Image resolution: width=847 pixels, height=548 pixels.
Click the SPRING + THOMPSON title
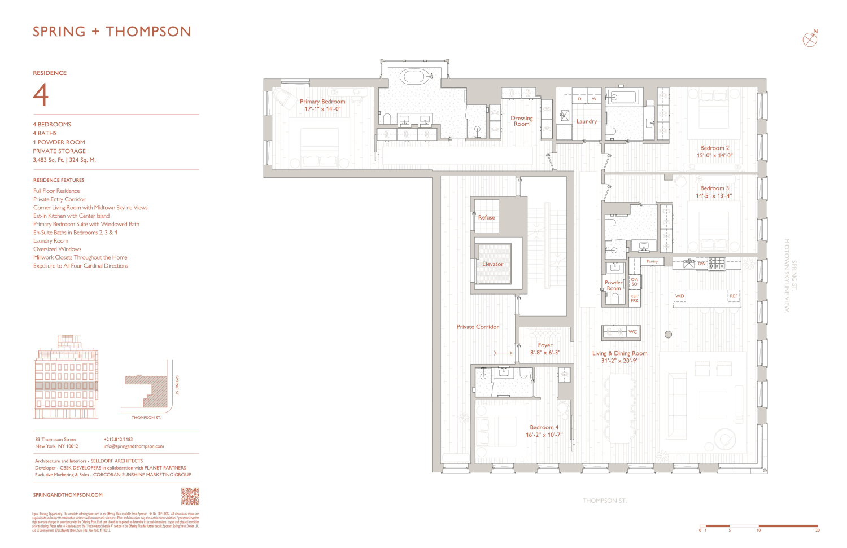click(112, 32)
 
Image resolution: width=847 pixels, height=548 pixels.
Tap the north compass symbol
click(810, 39)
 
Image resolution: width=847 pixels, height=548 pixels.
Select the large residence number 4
click(41, 95)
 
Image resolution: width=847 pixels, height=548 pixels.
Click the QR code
click(190, 496)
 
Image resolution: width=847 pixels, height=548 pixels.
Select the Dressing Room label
click(522, 121)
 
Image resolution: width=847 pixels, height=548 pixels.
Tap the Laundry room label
click(587, 121)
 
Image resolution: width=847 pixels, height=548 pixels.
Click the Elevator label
click(492, 264)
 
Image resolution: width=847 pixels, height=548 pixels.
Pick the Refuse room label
click(486, 217)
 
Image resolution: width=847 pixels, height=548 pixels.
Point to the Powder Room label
click(614, 286)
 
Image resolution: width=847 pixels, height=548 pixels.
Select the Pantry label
click(652, 261)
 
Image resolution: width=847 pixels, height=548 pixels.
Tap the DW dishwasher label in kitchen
click(701, 264)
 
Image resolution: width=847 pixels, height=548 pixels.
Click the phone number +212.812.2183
click(118, 439)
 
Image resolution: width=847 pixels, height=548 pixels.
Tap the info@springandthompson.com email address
click(134, 446)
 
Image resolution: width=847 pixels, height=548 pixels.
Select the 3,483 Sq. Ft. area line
click(64, 160)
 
